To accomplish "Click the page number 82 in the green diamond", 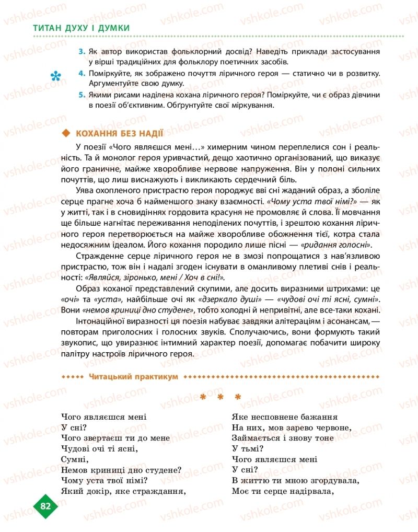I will tap(45, 505).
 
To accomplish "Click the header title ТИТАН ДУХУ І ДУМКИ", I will tap(82, 29).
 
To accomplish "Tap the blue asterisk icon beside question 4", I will tap(55, 77).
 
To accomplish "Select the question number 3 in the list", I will tap(82, 52).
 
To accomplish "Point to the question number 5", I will tap(82, 95).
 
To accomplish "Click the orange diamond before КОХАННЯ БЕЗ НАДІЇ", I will tap(65, 133).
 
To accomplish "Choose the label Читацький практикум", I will tap(133, 376).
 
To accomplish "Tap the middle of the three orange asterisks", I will tap(220, 398).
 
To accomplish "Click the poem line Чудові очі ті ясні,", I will tap(99, 448).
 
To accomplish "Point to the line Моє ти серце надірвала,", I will tap(282, 491).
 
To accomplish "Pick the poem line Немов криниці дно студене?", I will tap(121, 470).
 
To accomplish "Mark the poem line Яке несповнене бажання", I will tap(284, 417).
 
